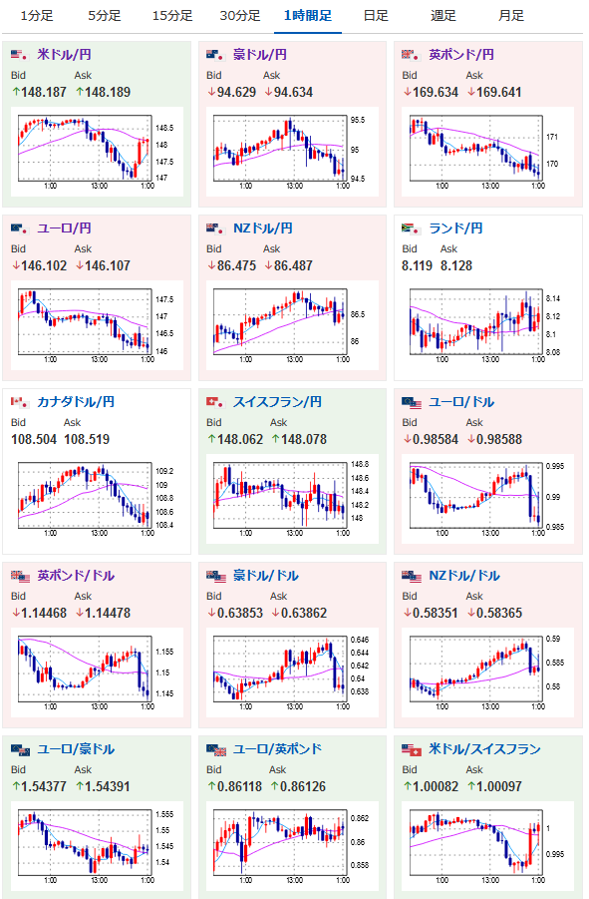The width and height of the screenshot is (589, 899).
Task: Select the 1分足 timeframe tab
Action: click(37, 16)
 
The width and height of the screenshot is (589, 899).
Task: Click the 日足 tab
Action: click(376, 16)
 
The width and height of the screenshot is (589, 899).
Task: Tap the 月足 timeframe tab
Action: click(511, 16)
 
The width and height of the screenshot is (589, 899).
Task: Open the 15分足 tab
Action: click(172, 16)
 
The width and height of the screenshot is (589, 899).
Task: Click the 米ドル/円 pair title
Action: click(64, 55)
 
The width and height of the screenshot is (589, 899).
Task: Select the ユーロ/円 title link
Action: click(64, 228)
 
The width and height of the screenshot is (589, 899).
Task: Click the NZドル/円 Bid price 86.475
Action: click(231, 265)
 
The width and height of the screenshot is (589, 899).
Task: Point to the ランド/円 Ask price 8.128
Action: click(456, 265)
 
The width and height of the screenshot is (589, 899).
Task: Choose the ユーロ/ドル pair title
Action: click(461, 402)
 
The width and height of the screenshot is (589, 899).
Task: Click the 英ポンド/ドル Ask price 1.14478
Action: click(103, 613)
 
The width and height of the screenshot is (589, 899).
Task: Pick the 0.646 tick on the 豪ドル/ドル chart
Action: click(360, 640)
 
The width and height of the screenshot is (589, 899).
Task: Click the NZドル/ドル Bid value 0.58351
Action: click(431, 613)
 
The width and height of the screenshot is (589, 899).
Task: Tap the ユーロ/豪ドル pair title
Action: click(76, 749)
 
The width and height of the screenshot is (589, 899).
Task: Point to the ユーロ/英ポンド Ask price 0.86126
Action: click(298, 786)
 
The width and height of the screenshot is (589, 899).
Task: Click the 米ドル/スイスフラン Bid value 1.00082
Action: click(431, 786)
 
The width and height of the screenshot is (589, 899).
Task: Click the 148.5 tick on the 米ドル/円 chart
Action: click(164, 128)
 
